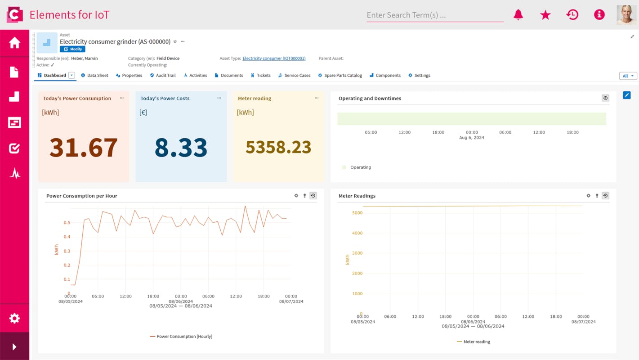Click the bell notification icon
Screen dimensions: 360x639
click(x=518, y=15)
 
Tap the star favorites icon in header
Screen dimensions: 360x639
click(x=545, y=15)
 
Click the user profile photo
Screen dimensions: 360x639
click(x=626, y=15)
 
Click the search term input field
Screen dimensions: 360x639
click(x=434, y=15)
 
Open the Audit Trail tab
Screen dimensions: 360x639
click(x=163, y=76)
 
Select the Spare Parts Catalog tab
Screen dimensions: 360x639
click(x=340, y=76)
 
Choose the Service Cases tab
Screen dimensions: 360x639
click(x=294, y=76)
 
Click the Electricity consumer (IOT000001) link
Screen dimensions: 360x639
click(x=274, y=58)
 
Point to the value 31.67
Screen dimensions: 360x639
click(x=84, y=147)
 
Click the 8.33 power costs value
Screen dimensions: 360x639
click(x=181, y=147)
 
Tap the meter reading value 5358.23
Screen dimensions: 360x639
click(x=278, y=147)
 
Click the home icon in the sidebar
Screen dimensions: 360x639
click(x=14, y=43)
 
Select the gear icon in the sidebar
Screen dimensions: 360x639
click(x=14, y=319)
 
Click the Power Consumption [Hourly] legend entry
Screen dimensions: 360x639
click(x=181, y=337)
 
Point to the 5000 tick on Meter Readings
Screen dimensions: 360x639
click(x=357, y=213)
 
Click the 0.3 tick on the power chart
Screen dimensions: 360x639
click(x=67, y=251)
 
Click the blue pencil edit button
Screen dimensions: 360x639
click(x=626, y=95)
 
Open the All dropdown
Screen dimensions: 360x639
click(x=628, y=76)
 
